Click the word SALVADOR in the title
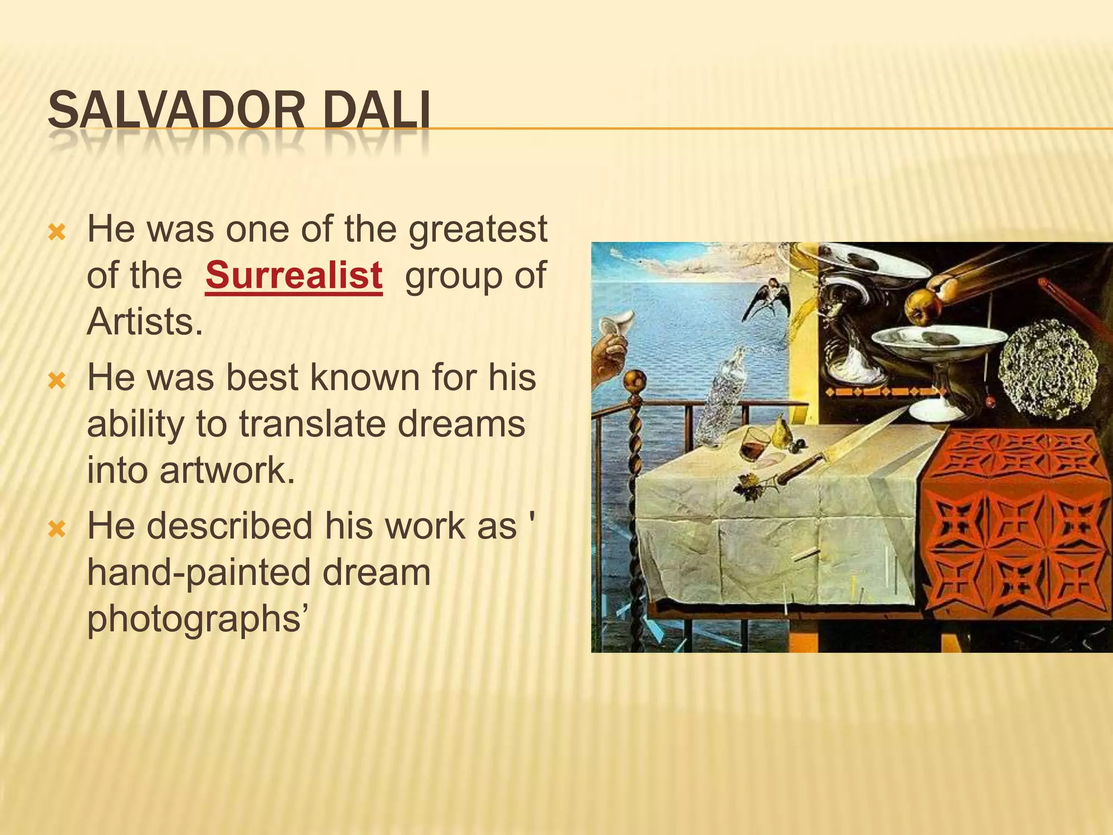[176, 111]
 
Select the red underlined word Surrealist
[294, 276]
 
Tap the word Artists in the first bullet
[145, 322]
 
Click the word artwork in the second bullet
[227, 470]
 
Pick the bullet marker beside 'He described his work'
[57, 529]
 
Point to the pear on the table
[781, 432]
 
